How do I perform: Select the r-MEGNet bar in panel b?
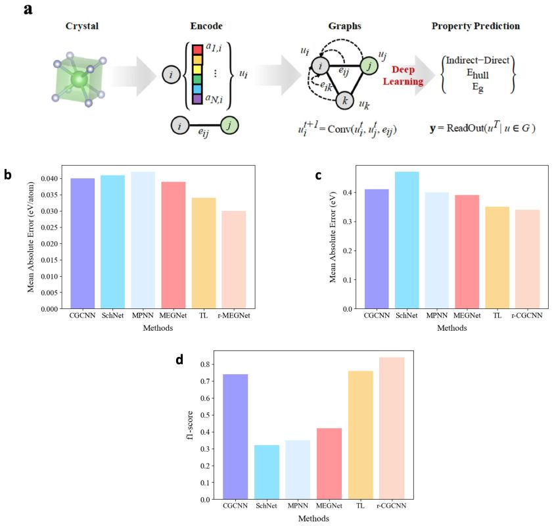coord(234,260)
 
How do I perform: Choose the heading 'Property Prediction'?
coord(476,26)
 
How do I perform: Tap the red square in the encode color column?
coord(196,49)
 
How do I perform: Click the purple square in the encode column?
coord(196,99)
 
